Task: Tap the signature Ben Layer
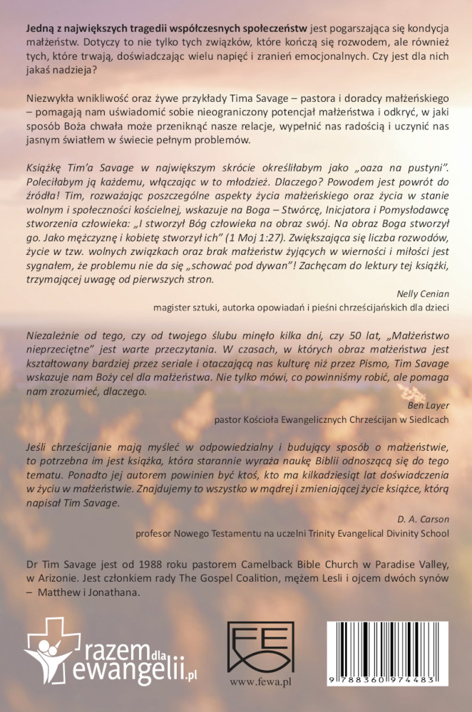tap(428, 406)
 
